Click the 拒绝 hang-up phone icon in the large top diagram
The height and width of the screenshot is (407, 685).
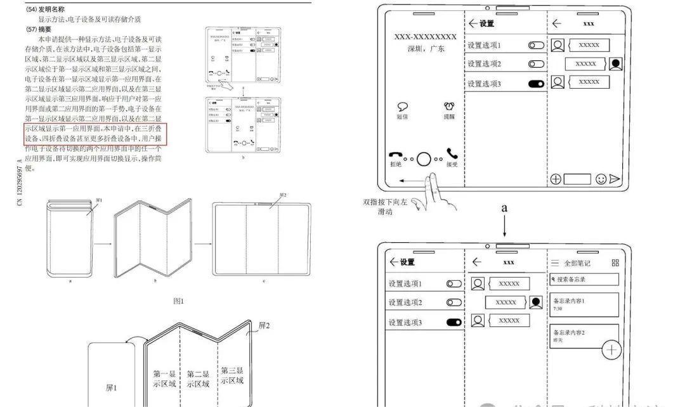click(396, 155)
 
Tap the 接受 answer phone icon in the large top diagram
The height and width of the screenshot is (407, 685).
click(452, 154)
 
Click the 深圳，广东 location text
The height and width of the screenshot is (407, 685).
click(426, 49)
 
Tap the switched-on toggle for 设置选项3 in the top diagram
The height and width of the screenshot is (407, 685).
click(536, 83)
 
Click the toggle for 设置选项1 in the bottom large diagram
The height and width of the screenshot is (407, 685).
click(453, 284)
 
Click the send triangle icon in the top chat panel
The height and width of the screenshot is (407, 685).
click(615, 179)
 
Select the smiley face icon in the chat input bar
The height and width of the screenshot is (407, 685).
click(601, 179)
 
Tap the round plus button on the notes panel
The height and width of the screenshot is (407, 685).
click(611, 350)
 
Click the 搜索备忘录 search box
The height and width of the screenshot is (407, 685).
click(584, 280)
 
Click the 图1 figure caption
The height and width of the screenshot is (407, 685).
click(179, 300)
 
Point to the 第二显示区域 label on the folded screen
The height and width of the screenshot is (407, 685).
click(198, 379)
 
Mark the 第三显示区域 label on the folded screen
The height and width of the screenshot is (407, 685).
click(232, 375)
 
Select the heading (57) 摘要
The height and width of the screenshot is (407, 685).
click(39, 30)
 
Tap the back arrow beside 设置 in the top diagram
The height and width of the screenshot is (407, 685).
click(473, 24)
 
